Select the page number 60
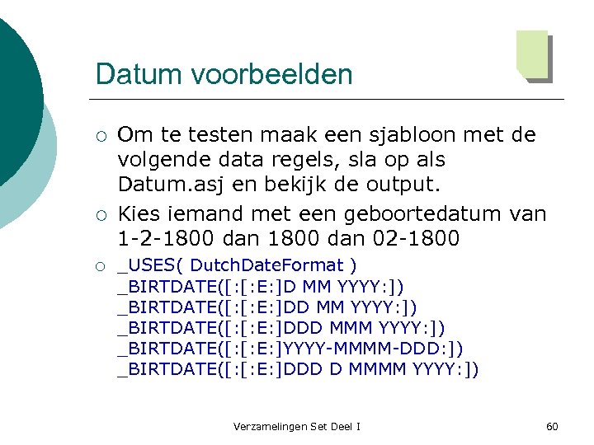tap(552, 426)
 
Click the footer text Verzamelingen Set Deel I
tap(296, 426)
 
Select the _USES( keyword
tap(153, 265)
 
